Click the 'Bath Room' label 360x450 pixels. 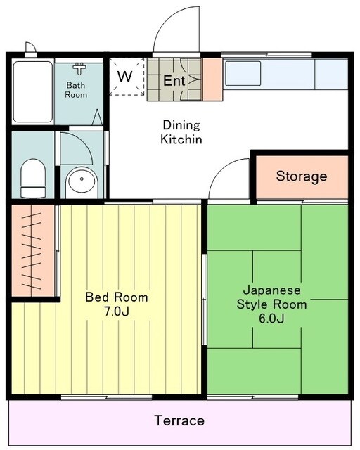(77, 90)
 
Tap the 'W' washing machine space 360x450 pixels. (124, 76)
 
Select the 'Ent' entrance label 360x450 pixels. (174, 81)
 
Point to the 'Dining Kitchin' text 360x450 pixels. (182, 132)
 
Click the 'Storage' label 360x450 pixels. (301, 176)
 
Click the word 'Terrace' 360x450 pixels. (179, 420)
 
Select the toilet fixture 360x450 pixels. (32, 178)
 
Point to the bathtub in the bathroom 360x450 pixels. (32, 91)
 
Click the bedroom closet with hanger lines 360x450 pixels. (32, 250)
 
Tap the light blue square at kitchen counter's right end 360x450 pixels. (330, 73)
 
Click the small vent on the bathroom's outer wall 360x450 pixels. (30, 49)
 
